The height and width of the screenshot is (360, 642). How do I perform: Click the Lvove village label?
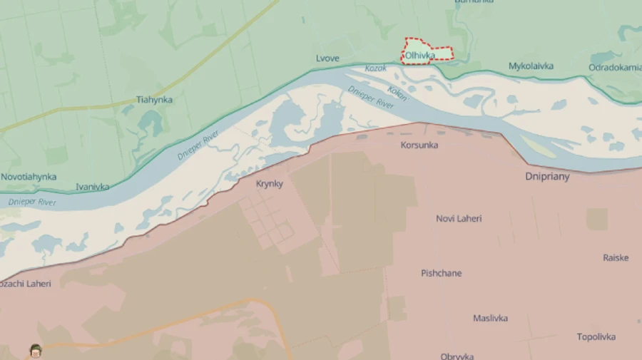click(327, 58)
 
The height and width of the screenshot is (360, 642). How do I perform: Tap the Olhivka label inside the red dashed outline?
click(419, 55)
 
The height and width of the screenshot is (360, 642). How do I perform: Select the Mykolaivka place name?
click(531, 66)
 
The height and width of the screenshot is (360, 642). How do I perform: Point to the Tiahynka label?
click(154, 100)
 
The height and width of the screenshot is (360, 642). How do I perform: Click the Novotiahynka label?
click(29, 177)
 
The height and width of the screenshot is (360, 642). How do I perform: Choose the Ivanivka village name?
click(93, 187)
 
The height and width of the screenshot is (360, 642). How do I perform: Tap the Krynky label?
click(270, 184)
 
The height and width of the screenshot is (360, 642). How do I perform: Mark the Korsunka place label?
click(419, 145)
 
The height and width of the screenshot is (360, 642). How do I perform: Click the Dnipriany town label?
click(547, 177)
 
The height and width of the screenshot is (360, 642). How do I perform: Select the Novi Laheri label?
click(459, 219)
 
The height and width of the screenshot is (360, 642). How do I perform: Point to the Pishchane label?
click(441, 273)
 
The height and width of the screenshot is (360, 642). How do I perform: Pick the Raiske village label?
click(616, 258)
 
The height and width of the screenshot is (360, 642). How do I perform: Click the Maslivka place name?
click(490, 319)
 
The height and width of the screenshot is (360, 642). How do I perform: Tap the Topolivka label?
click(596, 336)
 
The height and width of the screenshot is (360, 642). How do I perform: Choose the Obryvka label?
click(457, 356)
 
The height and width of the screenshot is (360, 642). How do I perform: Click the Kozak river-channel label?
click(375, 68)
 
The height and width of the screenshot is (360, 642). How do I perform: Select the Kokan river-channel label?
click(397, 93)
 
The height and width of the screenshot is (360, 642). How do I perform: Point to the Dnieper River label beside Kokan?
click(371, 97)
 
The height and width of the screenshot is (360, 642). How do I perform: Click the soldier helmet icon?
click(36, 350)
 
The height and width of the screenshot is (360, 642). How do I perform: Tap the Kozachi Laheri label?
click(26, 284)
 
